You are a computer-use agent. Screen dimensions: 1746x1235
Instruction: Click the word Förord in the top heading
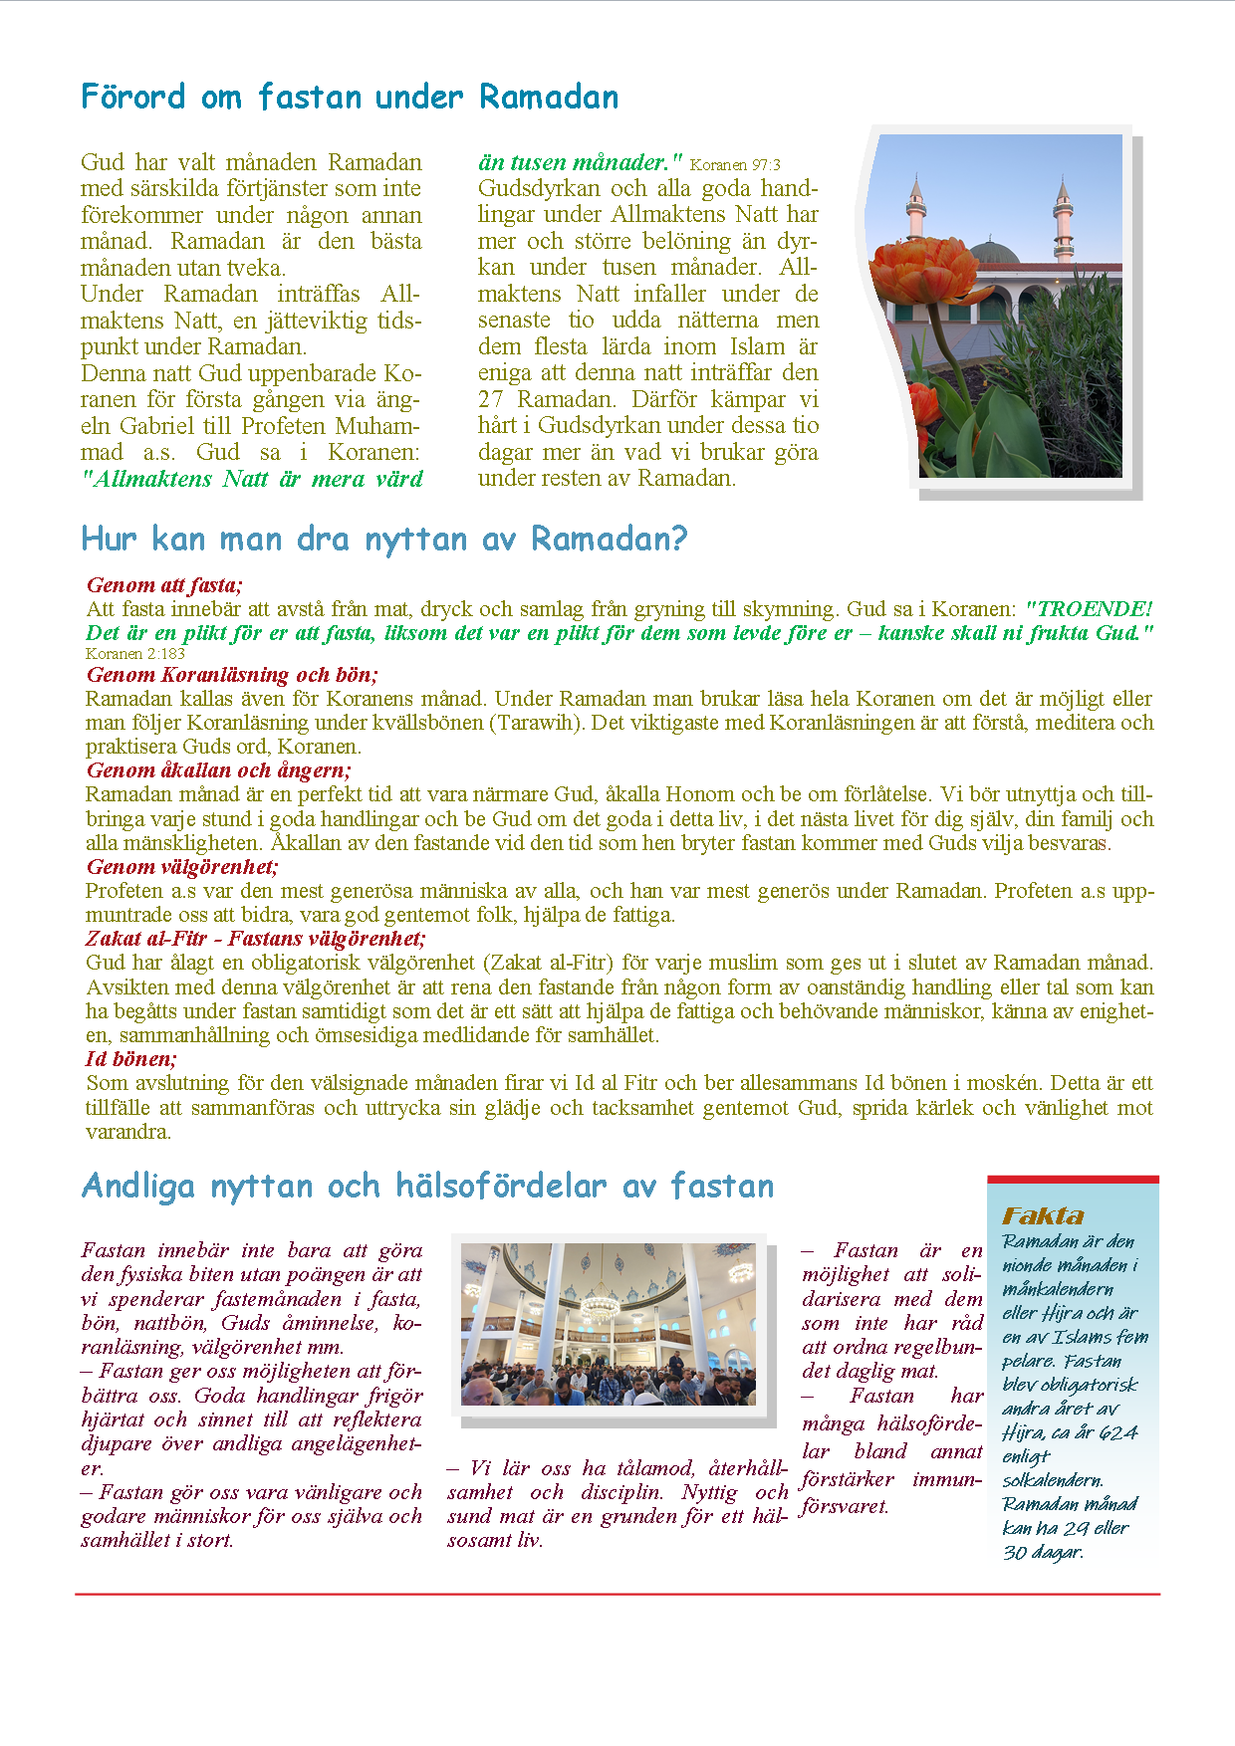coord(132,98)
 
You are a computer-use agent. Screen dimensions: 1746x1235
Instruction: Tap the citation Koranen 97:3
coord(735,165)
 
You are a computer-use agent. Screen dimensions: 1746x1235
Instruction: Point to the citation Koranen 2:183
coord(135,654)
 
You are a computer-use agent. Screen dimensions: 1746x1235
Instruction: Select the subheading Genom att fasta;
coord(164,585)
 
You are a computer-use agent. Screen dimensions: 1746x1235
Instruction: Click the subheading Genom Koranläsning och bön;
coord(232,675)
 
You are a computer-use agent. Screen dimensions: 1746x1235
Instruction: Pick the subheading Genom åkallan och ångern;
coord(218,770)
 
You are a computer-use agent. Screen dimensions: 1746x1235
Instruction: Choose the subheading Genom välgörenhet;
coord(181,867)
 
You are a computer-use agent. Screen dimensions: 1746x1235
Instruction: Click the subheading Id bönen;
coord(131,1059)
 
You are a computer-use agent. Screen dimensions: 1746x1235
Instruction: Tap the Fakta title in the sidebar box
coord(1043,1216)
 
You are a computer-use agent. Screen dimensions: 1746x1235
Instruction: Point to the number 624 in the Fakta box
coord(1118,1433)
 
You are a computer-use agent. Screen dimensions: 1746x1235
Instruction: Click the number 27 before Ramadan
coord(490,400)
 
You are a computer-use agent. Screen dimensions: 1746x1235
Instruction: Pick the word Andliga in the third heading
coord(138,1187)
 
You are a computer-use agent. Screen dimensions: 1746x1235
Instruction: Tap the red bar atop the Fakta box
coord(1073,1180)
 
